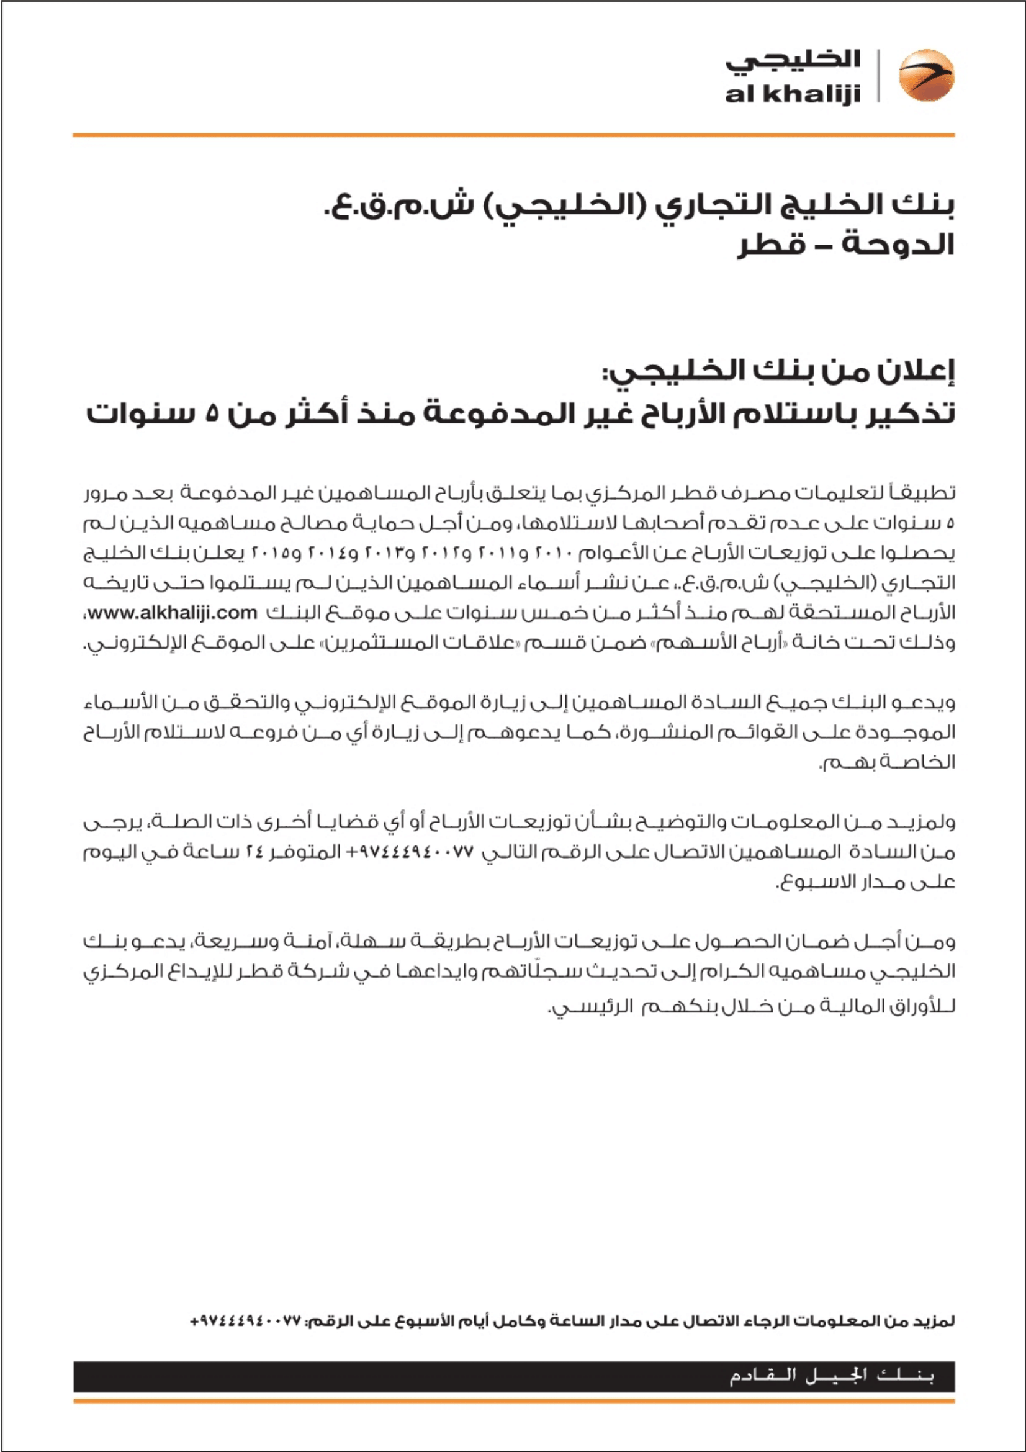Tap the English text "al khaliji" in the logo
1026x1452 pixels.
tap(793, 94)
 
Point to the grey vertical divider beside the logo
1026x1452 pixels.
tap(878, 75)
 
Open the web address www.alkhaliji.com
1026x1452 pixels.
tap(173, 613)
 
